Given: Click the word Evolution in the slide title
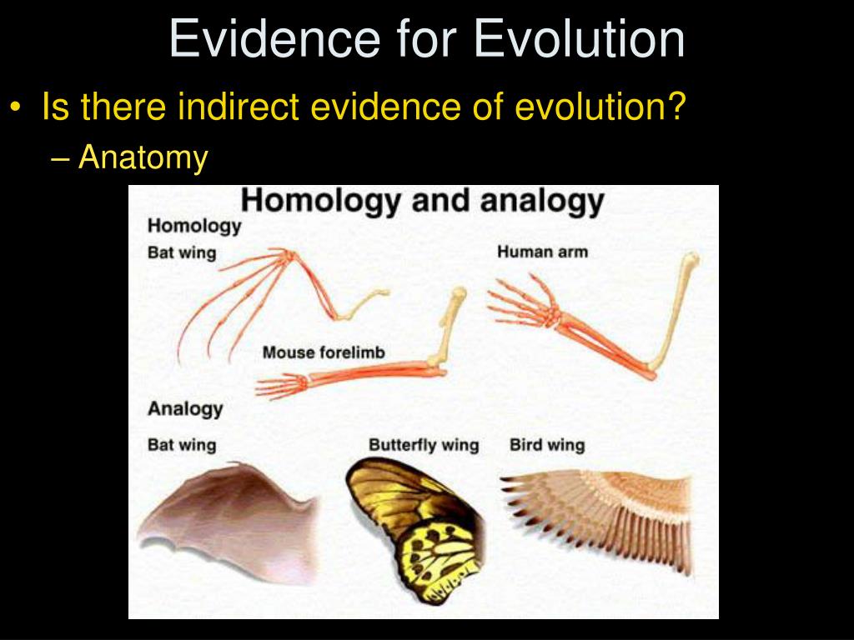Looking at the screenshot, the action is click(579, 38).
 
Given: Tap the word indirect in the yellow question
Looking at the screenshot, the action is click(238, 106).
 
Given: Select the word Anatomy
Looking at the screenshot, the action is click(143, 157).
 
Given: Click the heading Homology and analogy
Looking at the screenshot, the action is click(423, 201).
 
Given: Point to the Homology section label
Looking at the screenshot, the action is click(194, 226).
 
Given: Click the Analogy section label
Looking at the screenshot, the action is click(185, 408).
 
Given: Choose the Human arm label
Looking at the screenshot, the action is click(542, 252).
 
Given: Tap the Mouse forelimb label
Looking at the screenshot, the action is click(324, 352).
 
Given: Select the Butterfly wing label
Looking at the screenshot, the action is click(424, 445).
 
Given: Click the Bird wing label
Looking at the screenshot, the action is click(547, 445).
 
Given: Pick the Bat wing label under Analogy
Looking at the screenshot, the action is click(182, 445).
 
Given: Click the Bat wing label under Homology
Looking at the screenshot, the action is click(182, 252).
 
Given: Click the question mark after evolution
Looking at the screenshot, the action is click(676, 106).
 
